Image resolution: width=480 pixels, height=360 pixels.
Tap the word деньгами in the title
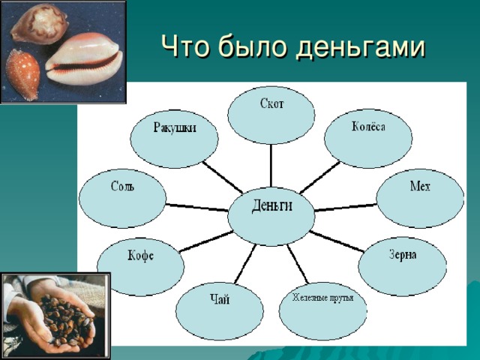[x=360, y=48]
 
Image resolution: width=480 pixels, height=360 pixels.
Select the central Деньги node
[x=271, y=216]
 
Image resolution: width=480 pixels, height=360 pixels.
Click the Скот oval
[x=271, y=115]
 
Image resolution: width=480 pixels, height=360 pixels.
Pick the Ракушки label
[x=175, y=127]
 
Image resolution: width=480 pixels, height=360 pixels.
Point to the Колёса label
[x=368, y=127]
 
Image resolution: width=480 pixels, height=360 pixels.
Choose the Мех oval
[x=420, y=199]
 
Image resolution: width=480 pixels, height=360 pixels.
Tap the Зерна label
[x=403, y=255]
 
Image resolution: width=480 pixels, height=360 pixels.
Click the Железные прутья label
[x=322, y=298]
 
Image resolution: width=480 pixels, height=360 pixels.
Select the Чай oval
[x=220, y=311]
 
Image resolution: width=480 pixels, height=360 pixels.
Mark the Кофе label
[x=140, y=256]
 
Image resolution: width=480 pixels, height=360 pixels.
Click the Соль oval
[x=123, y=199]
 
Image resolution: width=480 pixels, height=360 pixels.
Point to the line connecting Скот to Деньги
[x=271, y=166]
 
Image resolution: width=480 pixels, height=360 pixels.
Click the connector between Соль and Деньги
[x=196, y=207]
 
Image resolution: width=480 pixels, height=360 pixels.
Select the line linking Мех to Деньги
[x=346, y=207]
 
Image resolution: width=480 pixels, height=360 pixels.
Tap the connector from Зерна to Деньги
[x=337, y=241]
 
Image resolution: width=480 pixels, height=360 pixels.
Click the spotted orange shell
[x=22, y=75]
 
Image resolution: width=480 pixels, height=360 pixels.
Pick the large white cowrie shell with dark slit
[x=84, y=59]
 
